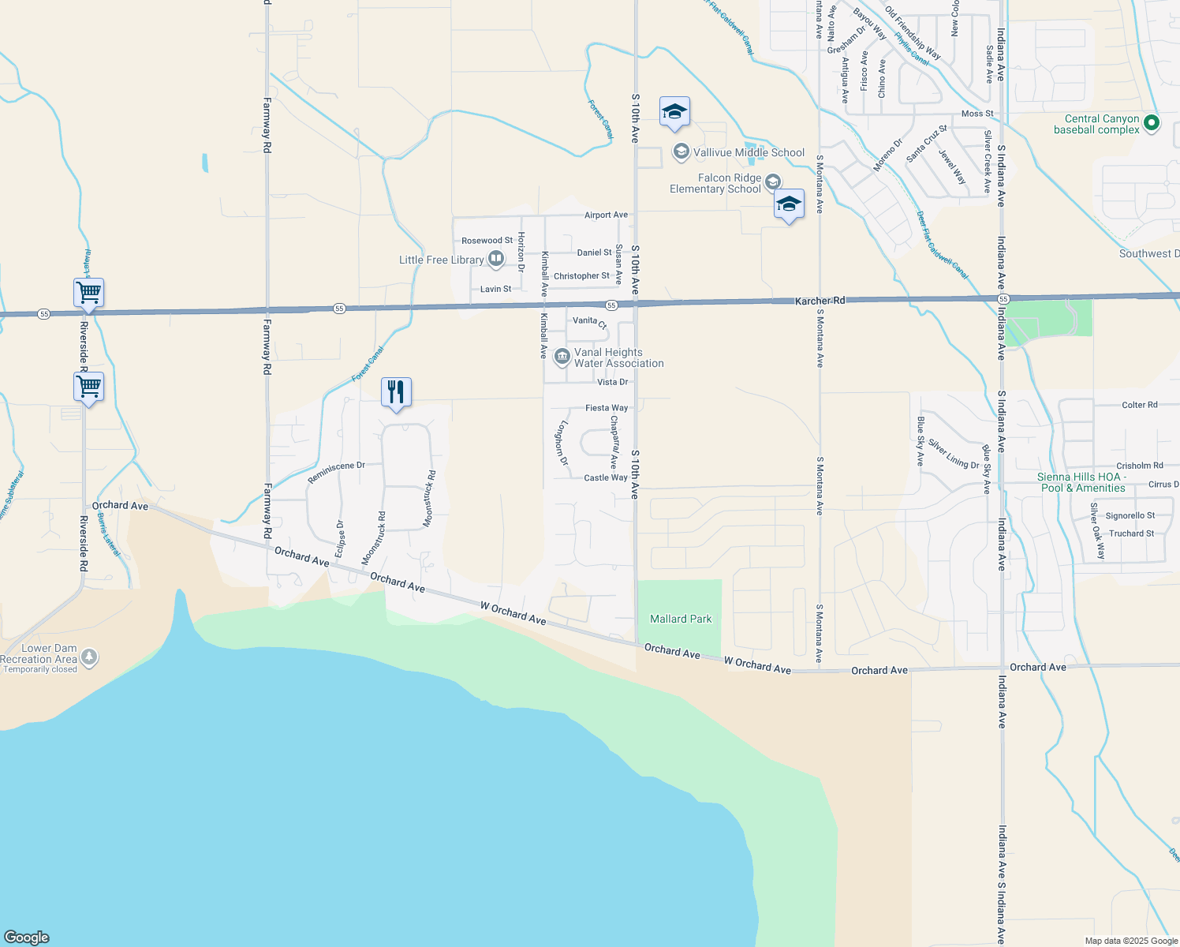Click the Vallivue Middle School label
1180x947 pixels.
click(749, 152)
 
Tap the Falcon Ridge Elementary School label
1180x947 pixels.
click(715, 183)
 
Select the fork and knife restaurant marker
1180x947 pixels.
click(396, 392)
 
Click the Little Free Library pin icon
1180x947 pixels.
click(496, 259)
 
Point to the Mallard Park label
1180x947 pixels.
click(681, 619)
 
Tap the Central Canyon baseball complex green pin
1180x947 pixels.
click(1151, 122)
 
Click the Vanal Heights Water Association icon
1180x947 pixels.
click(562, 357)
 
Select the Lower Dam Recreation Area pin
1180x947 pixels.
click(90, 657)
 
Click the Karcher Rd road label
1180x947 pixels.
click(820, 301)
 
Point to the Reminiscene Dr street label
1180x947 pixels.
click(336, 472)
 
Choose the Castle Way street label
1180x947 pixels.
click(606, 477)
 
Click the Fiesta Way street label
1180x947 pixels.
click(607, 408)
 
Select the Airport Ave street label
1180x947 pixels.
click(606, 215)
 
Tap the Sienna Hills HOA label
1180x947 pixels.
click(1081, 482)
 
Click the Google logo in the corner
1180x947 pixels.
click(26, 937)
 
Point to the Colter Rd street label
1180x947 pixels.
click(1139, 405)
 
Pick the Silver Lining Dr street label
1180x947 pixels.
click(953, 454)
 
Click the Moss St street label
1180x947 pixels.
click(977, 114)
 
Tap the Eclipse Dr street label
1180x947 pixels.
click(341, 538)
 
